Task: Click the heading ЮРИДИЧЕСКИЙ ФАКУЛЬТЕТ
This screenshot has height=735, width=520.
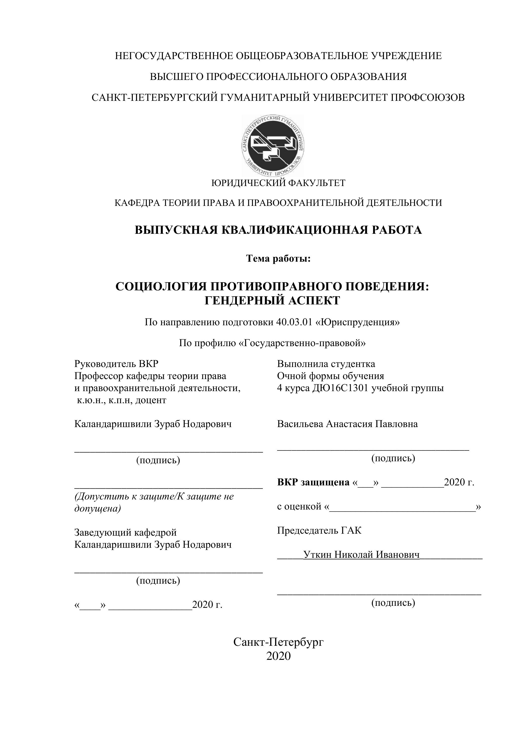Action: [278, 183]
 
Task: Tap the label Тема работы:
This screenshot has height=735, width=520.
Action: [278, 258]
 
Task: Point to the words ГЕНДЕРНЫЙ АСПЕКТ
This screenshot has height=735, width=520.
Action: [272, 301]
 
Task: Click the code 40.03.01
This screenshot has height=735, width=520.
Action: [294, 322]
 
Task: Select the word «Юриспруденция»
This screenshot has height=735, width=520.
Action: [358, 322]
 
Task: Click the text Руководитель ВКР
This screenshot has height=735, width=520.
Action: [116, 364]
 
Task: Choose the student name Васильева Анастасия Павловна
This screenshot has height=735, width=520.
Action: [348, 424]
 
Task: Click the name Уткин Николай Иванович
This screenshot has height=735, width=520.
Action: [361, 555]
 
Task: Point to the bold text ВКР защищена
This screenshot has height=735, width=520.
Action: [313, 482]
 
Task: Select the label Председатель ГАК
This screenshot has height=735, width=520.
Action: [319, 530]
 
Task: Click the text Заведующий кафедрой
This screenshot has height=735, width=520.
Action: [125, 532]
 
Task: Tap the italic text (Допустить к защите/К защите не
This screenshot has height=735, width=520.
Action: [154, 496]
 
